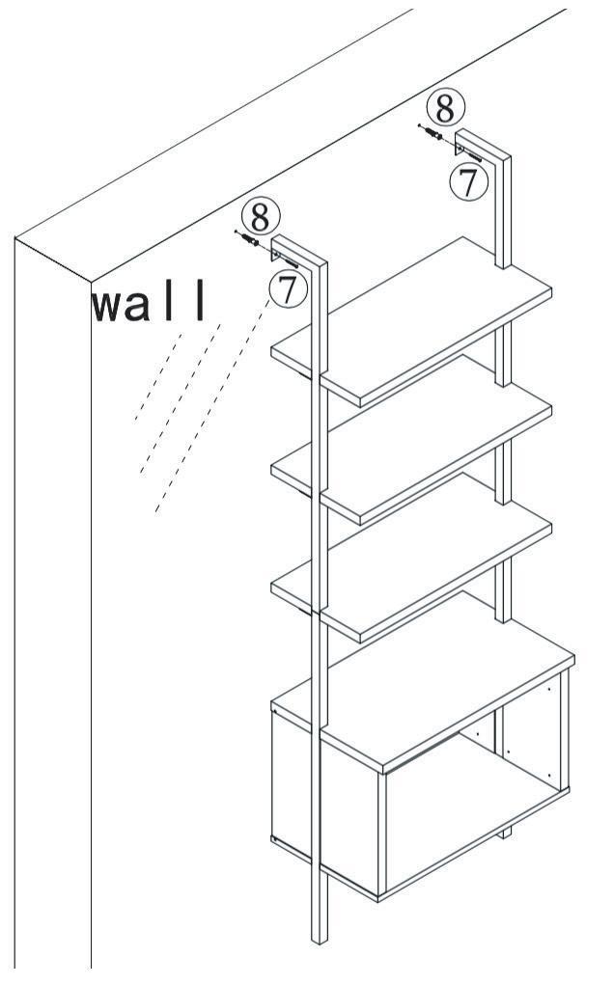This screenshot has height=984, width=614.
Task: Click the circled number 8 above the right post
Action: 446,108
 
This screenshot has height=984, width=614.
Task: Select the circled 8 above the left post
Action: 260,215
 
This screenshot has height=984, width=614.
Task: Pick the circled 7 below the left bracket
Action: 287,289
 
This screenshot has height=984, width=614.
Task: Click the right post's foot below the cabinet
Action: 503,832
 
